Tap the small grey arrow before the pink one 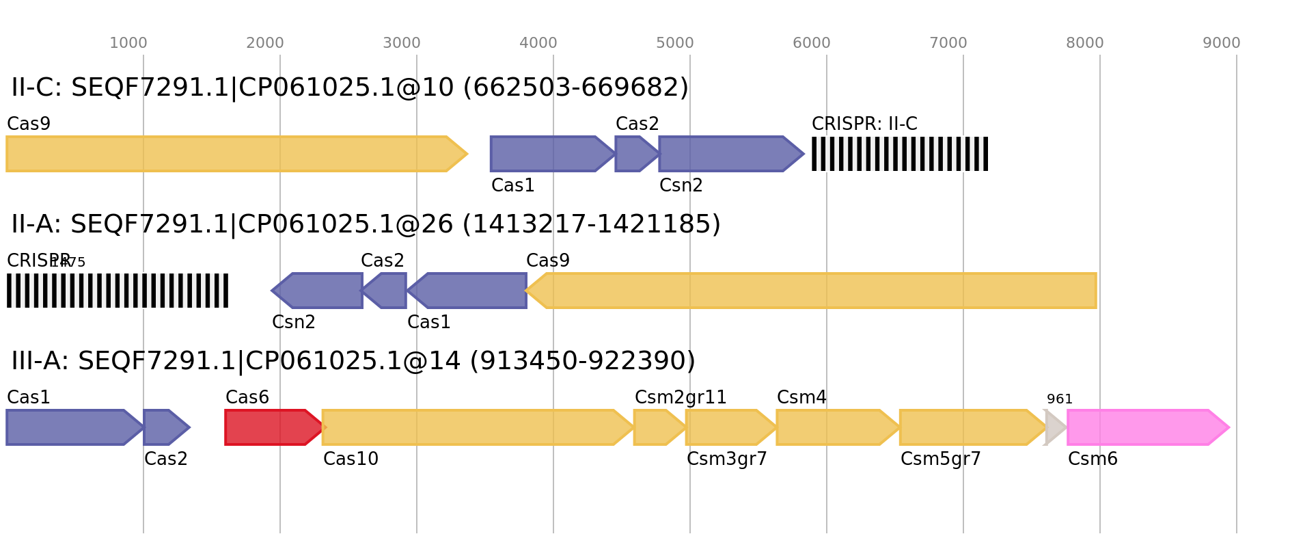tap(1055, 427)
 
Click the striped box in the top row tap(899, 154)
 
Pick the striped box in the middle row tap(118, 291)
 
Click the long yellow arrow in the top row tap(232, 154)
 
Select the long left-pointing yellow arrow tap(813, 291)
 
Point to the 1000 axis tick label tap(128, 43)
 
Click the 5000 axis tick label tap(675, 43)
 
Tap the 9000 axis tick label tap(1222, 43)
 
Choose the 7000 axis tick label tap(948, 43)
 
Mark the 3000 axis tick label tap(402, 43)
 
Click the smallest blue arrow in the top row tap(635, 154)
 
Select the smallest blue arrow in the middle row tap(385, 291)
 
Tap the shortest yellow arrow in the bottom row tap(658, 427)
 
